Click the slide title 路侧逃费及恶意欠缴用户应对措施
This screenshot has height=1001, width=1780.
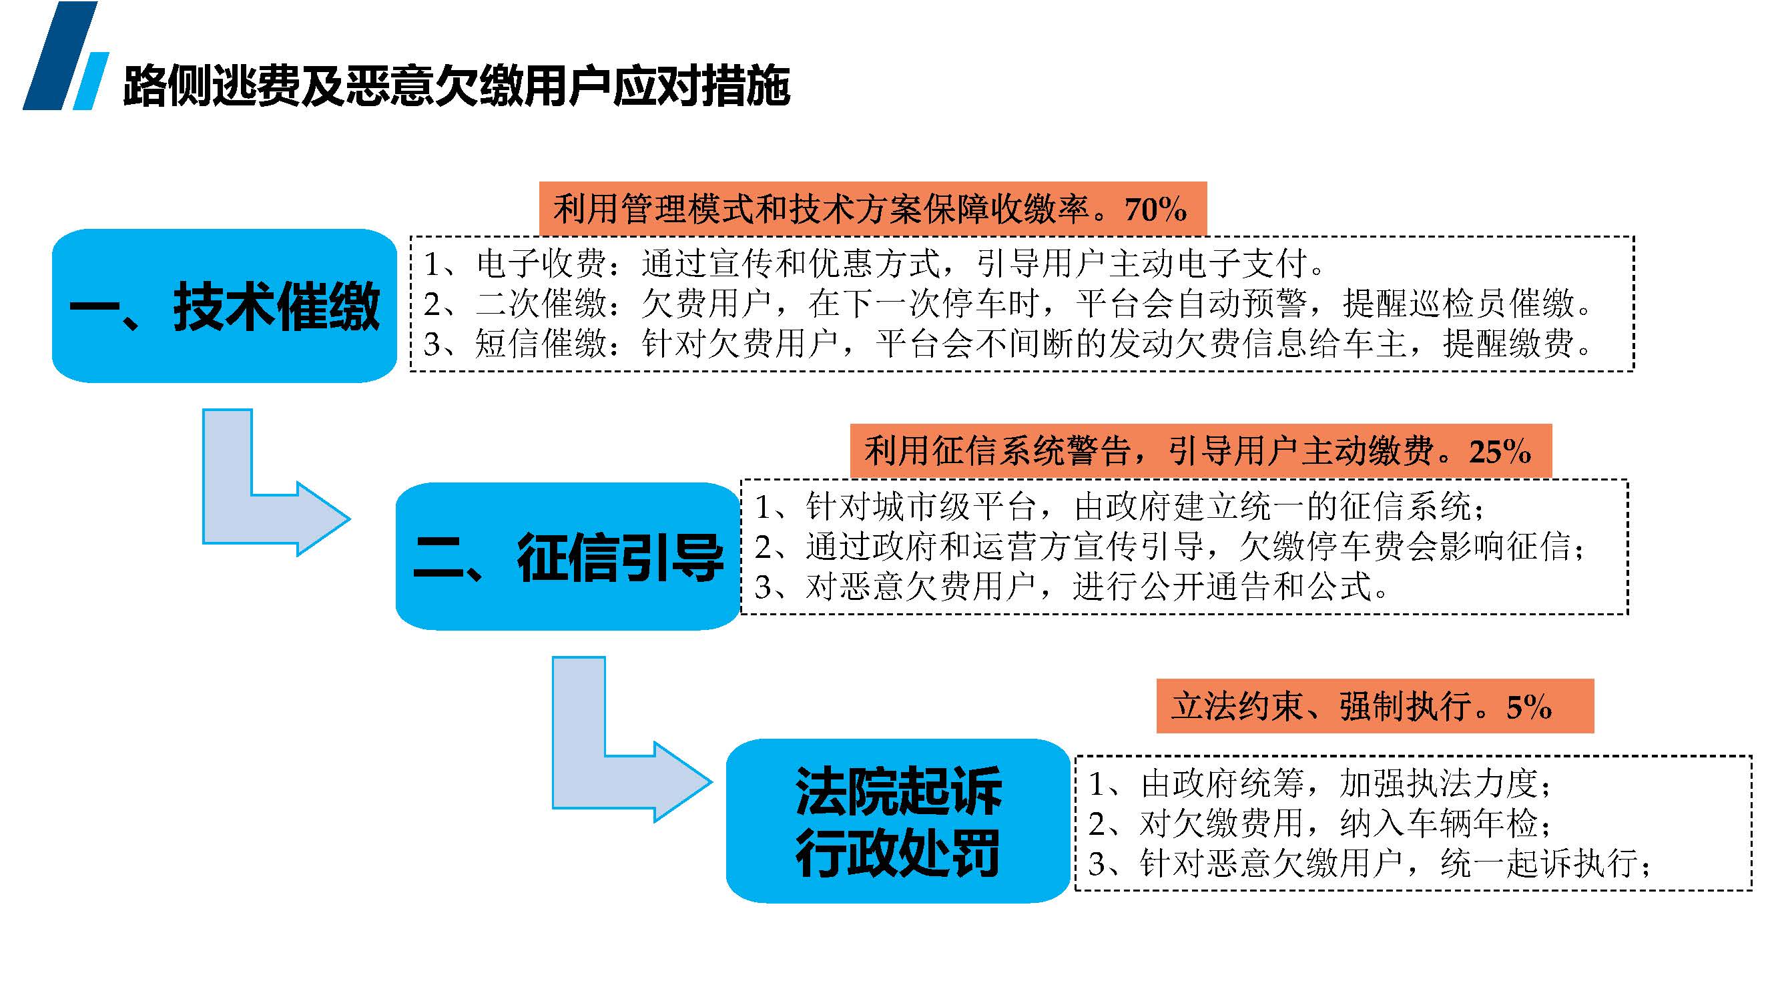coord(456,85)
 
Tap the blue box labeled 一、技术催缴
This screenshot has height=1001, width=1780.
coord(224,306)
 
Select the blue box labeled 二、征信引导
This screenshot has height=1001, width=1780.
coord(568,556)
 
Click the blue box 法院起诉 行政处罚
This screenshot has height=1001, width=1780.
coord(898,821)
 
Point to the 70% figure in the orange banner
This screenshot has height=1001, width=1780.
coord(1155,209)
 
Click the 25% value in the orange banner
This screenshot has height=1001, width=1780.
coord(1500,452)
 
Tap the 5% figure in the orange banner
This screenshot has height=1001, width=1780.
coord(1529,707)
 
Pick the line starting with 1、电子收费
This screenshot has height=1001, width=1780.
coord(874,263)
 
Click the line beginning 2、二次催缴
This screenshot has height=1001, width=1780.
coord(1008,303)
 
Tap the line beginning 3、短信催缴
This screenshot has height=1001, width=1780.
coord(1008,343)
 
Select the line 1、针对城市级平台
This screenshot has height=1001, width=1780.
coord(1119,507)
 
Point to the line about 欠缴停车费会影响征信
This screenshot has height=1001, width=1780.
coord(1169,547)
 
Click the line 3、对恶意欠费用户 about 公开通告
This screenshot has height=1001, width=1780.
coord(1071,587)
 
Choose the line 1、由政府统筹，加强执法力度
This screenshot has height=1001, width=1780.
coord(1319,783)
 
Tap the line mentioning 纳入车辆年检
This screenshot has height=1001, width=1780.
coord(1319,823)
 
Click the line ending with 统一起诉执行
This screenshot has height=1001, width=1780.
coord(1370,864)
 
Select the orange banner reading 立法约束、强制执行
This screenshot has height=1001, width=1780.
coord(1375,706)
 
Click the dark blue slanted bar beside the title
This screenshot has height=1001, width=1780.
coord(60,55)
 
